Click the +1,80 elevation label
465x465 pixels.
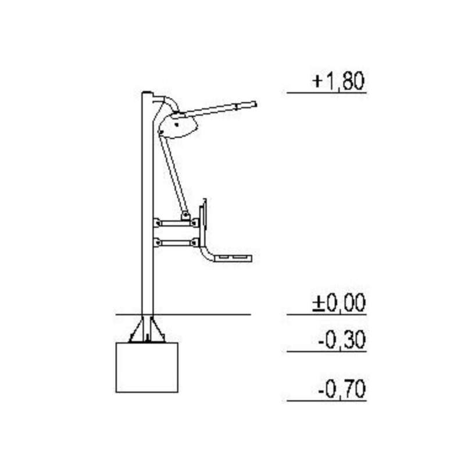(x=338, y=81)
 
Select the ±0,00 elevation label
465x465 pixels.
(x=339, y=302)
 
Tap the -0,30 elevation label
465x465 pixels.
(x=342, y=340)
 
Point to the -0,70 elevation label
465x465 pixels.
(x=342, y=389)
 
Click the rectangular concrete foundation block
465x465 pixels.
(x=147, y=367)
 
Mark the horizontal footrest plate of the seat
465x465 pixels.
(x=233, y=258)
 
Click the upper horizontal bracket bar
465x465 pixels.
(x=176, y=223)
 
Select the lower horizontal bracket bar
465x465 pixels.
(x=176, y=243)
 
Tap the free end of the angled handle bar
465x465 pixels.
(x=255, y=104)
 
